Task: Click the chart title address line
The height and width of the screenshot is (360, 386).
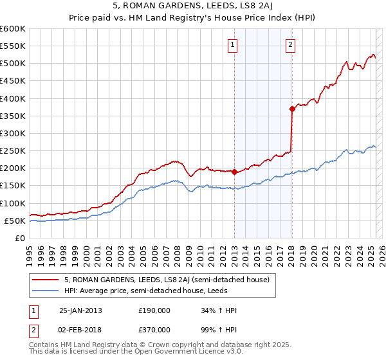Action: click(192, 7)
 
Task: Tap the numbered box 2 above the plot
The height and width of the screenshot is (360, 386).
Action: click(291, 44)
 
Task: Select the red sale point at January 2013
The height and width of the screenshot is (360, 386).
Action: click(234, 172)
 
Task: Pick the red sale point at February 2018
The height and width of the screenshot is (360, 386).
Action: click(292, 109)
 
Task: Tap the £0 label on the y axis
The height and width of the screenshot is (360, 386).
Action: click(19, 238)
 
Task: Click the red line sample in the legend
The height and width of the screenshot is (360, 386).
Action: click(46, 280)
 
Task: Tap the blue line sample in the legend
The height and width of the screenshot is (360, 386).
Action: click(46, 291)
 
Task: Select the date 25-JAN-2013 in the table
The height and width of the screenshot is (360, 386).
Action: click(80, 310)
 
